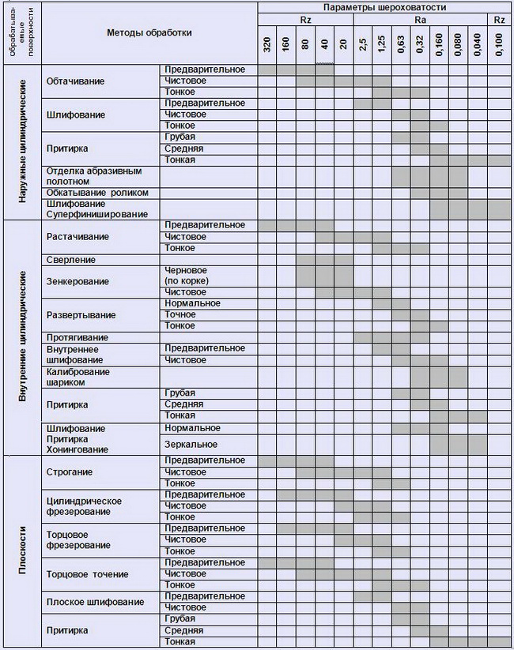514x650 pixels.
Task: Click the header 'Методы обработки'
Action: click(x=149, y=33)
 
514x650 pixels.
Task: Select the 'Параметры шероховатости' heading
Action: click(x=384, y=7)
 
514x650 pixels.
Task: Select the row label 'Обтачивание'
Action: click(x=75, y=81)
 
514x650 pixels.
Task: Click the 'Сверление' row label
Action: click(x=71, y=260)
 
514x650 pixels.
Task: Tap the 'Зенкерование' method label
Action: click(x=77, y=281)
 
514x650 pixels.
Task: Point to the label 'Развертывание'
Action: click(x=81, y=315)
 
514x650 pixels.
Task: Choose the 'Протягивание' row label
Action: click(x=77, y=337)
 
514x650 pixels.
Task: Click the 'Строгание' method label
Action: click(x=70, y=472)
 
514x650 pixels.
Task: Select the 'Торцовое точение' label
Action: click(x=88, y=574)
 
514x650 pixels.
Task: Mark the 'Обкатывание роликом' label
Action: click(x=97, y=193)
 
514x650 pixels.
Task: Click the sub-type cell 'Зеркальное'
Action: click(x=191, y=445)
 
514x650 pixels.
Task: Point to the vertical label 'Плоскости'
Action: click(x=23, y=551)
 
